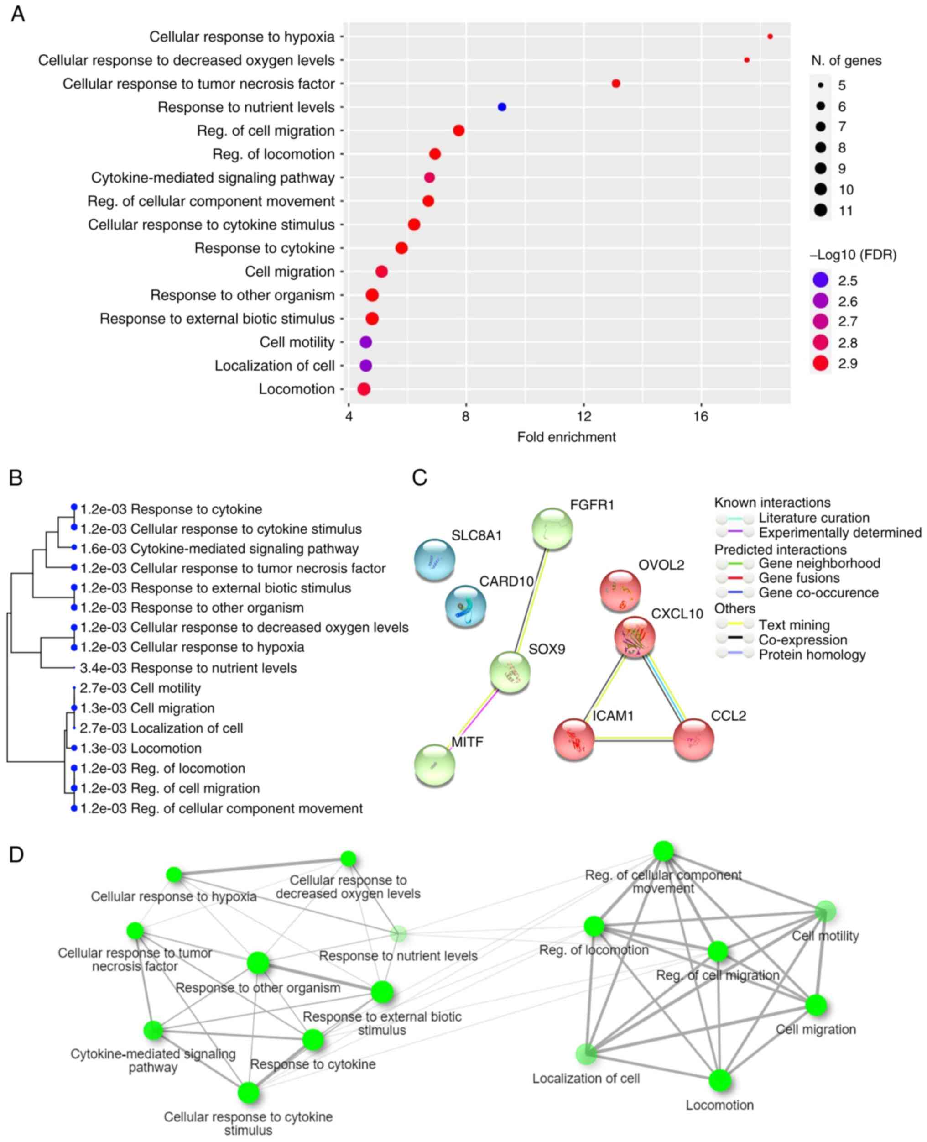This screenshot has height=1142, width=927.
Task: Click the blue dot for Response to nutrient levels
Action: pos(501,107)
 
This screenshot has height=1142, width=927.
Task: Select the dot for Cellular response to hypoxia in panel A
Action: pos(770,37)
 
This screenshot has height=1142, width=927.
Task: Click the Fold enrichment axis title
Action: pos(566,437)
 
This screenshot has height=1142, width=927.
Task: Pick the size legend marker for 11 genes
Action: pos(821,210)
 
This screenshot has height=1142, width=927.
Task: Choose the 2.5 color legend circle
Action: pos(821,280)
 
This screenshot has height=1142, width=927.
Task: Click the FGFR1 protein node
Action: pos(552,529)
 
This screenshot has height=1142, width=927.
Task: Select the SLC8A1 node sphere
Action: pos(435,560)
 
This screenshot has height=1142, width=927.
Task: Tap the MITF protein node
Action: pos(435,765)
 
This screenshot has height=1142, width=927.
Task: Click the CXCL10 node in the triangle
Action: pos(635,638)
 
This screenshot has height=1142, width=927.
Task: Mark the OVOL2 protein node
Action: pos(620,590)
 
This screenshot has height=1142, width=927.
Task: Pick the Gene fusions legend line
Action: pos(735,578)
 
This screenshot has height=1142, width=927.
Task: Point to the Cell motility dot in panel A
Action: pos(365,342)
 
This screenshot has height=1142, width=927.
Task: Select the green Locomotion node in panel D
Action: pos(720,1080)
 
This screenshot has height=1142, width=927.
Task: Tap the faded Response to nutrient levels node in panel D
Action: pos(398,934)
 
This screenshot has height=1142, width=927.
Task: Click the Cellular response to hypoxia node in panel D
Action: pos(174,875)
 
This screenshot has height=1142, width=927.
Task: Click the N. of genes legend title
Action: pos(846,61)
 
